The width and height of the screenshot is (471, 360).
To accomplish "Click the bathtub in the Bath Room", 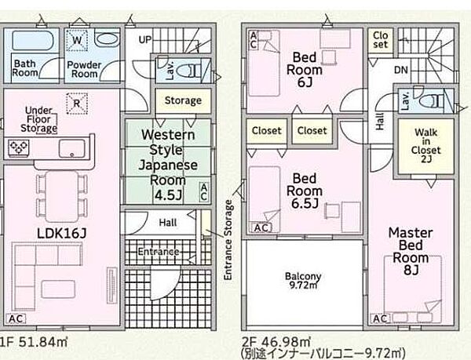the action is pos(33,40).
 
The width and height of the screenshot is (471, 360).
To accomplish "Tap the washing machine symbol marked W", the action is pos(77,40).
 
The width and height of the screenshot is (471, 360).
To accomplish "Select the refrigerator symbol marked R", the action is pos(77,104).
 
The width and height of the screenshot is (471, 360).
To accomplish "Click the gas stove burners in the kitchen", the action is pos(19,147).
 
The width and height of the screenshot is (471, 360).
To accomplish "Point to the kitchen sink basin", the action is pos(71,148).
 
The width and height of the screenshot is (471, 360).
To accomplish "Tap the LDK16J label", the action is pos(62,233).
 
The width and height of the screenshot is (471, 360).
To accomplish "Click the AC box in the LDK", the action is pos(16,318).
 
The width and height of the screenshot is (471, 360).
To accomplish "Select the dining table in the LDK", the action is pos(62,196).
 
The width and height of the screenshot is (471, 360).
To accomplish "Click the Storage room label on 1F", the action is pos(183,101).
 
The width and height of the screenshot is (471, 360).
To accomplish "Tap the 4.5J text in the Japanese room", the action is pos(169,195).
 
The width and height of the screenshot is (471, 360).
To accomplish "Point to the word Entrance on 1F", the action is pos(159,252).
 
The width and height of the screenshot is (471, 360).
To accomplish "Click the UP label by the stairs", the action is pos(145,39).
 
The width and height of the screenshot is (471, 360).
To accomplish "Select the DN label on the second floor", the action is pos(401,71).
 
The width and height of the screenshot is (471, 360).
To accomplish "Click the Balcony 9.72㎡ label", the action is pos(303,281).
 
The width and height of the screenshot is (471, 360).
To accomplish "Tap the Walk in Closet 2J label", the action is pos(426,146).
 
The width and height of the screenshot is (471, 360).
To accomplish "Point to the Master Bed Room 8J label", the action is pos(411,252).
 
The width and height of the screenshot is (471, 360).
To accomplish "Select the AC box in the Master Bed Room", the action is pos(380,318).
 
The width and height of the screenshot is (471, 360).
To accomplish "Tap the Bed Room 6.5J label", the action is pos(305,191).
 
